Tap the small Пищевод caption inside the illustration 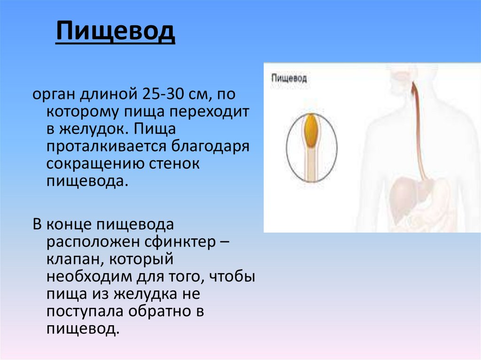(289, 78)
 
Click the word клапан (70, 259)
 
